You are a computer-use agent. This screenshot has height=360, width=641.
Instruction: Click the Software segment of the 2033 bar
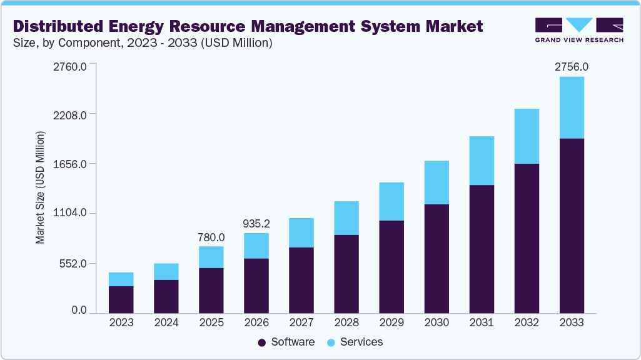572,225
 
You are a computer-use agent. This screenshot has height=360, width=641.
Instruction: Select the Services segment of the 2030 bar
437,182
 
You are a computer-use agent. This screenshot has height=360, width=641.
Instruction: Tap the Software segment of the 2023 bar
121,299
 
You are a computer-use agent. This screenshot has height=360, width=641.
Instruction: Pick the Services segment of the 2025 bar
211,257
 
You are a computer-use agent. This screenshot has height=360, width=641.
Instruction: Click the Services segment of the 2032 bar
527,136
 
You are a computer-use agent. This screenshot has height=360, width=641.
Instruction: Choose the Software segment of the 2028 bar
346,274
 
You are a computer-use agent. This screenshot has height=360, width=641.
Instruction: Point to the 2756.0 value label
572,66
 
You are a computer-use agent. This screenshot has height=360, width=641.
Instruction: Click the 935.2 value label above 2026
256,223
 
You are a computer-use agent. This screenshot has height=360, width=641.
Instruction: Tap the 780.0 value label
211,237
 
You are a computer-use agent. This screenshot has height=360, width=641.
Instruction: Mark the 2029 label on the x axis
391,322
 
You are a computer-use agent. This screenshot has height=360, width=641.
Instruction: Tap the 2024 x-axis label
166,322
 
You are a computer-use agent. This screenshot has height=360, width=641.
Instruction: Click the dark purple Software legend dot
261,342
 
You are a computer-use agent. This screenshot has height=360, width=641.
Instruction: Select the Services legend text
361,342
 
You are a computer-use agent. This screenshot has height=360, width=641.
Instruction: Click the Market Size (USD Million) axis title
40,187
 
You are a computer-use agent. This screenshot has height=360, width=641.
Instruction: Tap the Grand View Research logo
578,29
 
